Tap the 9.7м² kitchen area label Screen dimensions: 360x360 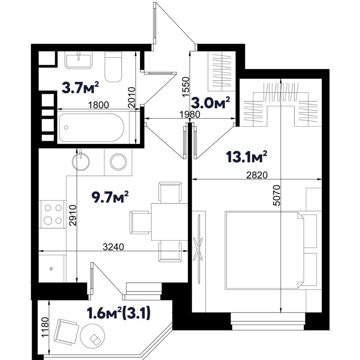point(110,197)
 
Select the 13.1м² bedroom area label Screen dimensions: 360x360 point(247,157)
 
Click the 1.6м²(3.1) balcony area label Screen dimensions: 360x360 point(119,313)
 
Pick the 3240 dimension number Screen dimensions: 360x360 point(113,247)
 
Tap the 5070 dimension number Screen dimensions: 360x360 point(277,195)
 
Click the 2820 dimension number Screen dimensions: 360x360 point(257,175)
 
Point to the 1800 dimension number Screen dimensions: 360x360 point(98,105)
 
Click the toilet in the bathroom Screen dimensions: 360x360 point(113,67)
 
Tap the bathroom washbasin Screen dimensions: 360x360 point(79,60)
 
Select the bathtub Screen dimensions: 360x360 point(92,127)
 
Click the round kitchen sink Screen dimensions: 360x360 point(81,161)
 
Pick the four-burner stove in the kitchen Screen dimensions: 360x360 point(53,214)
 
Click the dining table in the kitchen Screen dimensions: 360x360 point(169,222)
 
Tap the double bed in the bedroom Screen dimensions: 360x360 point(265,250)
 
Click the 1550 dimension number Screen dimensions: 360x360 point(186,86)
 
